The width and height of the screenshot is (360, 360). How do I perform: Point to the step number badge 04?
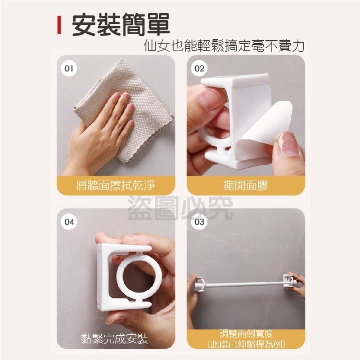[69, 222]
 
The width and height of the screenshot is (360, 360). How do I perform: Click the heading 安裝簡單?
[121, 26]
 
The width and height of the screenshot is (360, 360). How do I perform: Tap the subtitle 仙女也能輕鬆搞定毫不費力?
[223, 46]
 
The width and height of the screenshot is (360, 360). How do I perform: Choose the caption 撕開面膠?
[245, 185]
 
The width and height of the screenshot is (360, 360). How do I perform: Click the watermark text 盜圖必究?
[180, 208]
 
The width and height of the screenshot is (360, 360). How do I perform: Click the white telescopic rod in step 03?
[243, 284]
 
